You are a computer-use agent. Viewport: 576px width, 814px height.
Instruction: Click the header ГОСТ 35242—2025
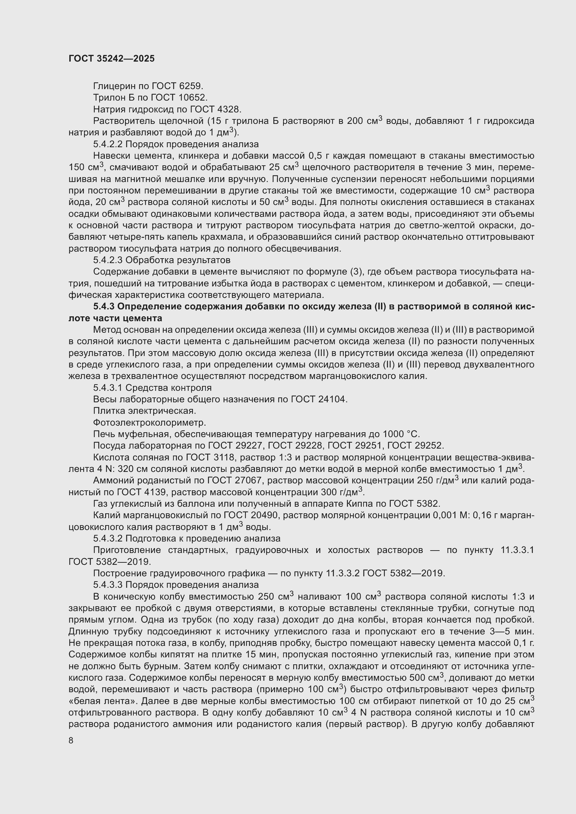click(111, 59)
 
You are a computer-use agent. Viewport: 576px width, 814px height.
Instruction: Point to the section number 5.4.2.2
click(108, 144)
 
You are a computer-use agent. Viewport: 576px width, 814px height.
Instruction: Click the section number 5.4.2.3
click(108, 260)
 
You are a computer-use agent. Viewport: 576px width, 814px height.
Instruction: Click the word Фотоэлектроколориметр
click(149, 422)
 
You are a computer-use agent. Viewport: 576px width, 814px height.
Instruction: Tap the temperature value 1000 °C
click(401, 434)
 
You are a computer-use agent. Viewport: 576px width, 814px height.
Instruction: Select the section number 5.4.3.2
click(108, 538)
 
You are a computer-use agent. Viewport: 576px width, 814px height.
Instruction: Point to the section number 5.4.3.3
click(108, 585)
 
